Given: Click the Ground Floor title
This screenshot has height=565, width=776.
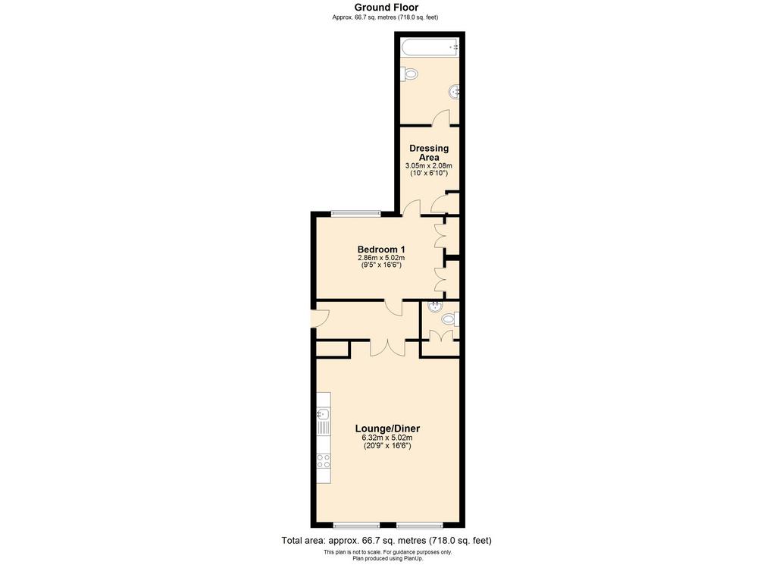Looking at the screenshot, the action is tap(386, 8).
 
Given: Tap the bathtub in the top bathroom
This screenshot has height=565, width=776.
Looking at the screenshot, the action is tap(430, 48).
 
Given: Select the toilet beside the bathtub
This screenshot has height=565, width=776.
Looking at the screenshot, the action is tap(408, 74).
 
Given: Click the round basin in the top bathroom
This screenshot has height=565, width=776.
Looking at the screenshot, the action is tap(455, 92).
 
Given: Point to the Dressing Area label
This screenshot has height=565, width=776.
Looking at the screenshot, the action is tap(429, 152).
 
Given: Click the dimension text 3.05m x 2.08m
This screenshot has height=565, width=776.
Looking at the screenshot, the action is tap(429, 166).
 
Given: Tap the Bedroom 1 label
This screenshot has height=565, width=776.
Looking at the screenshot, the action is tap(381, 249).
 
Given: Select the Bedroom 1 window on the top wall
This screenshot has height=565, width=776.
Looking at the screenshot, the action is tap(356, 213).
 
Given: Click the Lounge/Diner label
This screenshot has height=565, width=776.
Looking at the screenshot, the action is tap(387, 428).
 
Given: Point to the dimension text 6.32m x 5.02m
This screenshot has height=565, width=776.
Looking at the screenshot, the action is tap(387, 438).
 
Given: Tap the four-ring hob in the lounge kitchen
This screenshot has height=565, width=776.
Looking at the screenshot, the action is tap(324, 461).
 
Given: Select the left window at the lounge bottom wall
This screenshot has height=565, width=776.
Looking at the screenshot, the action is tap(356, 525).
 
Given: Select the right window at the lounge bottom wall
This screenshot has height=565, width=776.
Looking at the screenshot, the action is tap(419, 525).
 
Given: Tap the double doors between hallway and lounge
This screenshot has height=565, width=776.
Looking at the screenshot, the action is tap(387, 347).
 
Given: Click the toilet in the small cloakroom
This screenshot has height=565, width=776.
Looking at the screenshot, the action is tap(451, 319).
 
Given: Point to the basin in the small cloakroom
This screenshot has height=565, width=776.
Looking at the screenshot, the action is tap(435, 306).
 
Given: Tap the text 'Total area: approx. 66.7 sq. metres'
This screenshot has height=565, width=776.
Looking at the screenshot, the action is tap(355, 540).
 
